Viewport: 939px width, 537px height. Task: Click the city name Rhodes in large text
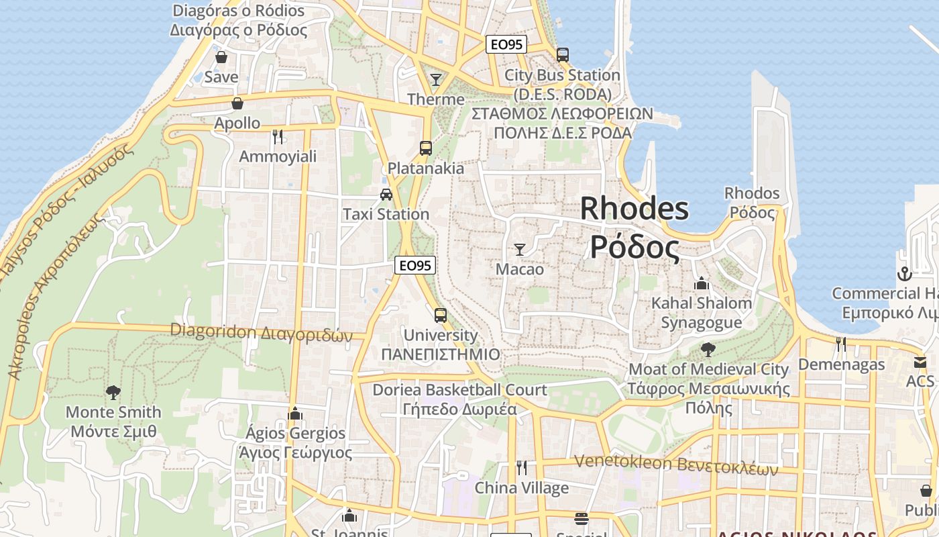[634, 209]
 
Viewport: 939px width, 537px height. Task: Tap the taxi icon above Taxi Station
[386, 195]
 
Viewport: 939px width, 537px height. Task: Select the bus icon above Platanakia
[425, 148]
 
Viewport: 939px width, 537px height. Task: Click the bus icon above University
[441, 315]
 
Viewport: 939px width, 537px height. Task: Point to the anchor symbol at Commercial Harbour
[905, 274]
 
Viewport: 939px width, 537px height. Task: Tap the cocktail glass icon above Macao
[520, 250]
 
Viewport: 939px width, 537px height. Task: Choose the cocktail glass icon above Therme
[436, 80]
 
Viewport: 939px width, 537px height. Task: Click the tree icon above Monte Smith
[113, 392]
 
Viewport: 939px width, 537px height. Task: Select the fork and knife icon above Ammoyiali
[278, 137]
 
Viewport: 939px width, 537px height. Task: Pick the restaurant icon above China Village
[521, 468]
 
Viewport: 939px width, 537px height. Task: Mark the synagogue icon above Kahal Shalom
[702, 283]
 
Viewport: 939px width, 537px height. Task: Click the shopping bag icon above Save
[221, 58]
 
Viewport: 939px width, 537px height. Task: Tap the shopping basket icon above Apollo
[237, 103]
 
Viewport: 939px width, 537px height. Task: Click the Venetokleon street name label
[676, 464]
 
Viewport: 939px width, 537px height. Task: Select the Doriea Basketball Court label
[460, 390]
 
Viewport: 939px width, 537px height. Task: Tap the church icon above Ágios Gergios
[295, 413]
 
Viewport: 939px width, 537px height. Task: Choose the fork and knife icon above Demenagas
[840, 344]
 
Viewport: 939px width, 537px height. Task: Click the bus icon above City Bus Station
[563, 55]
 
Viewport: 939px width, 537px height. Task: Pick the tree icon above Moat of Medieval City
[708, 350]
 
